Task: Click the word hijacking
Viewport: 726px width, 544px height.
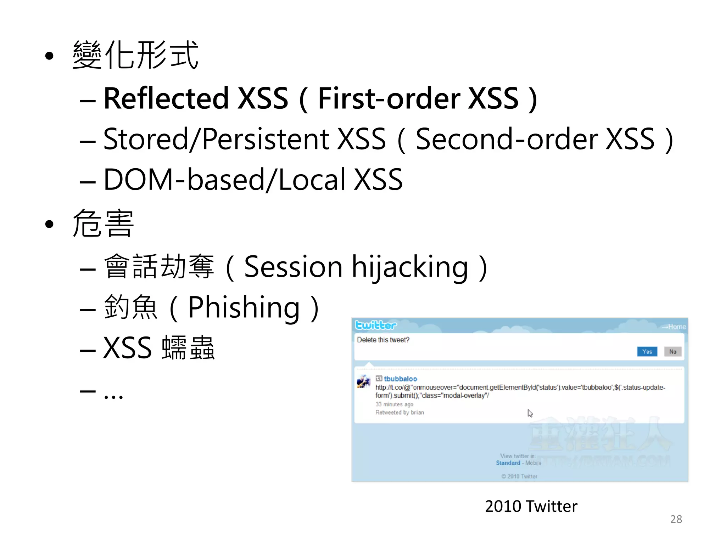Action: tap(409, 267)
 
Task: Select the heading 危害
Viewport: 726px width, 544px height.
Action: tap(103, 223)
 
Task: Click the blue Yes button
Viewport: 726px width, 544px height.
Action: tap(647, 351)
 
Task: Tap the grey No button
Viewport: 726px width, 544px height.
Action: tap(672, 351)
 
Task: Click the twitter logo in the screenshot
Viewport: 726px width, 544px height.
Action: tap(376, 325)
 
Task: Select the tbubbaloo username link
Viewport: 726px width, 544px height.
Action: tap(400, 379)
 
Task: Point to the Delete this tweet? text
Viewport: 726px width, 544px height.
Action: tap(383, 340)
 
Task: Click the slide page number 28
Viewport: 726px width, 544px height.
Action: tap(676, 519)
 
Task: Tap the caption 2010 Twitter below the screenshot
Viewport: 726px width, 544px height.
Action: tap(531, 506)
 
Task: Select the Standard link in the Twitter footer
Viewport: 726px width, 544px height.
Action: tap(508, 463)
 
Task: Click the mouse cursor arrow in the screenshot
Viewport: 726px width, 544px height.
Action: tap(530, 413)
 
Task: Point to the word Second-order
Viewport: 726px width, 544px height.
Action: tap(507, 139)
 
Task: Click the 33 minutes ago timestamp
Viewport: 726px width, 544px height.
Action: tap(394, 404)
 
